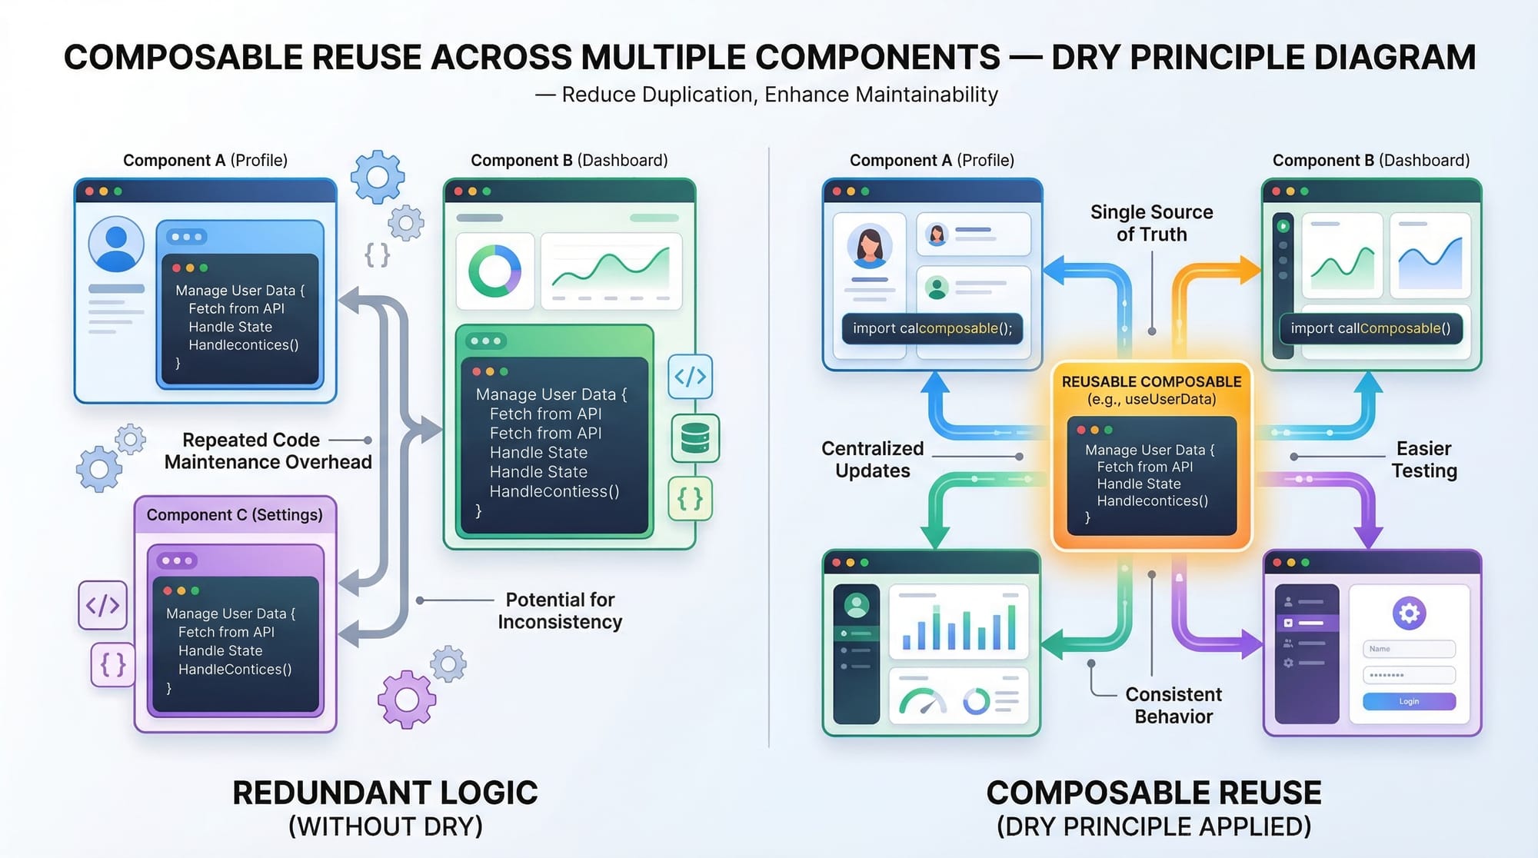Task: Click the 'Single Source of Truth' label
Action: pos(1151,223)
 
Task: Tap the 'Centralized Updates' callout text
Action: pos(872,459)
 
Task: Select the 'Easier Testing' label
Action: pos(1423,459)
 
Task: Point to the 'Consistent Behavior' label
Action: pos(1173,705)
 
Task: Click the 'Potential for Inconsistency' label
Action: pos(560,610)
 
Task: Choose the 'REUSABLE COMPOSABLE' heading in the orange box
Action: pos(1151,382)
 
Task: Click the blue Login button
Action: pos(1409,701)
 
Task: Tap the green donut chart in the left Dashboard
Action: pos(494,271)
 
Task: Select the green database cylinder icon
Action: pos(695,438)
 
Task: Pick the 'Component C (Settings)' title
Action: pos(235,515)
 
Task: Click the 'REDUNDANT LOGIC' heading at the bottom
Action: pos(384,793)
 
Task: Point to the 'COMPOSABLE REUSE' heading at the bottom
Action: pos(1153,793)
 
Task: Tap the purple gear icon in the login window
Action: pos(1409,613)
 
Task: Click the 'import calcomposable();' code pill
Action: pos(932,328)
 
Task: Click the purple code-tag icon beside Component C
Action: pos(102,605)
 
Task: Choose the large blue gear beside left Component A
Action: pos(377,177)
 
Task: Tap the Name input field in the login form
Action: pos(1409,649)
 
